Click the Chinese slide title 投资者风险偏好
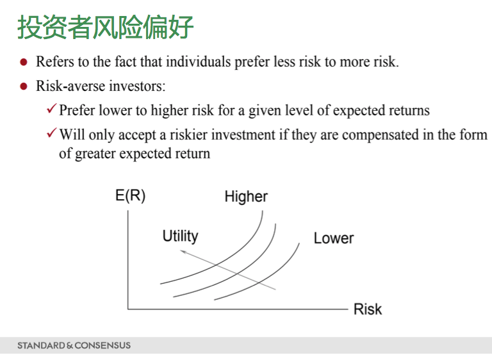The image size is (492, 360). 106,27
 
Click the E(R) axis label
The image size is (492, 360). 130,196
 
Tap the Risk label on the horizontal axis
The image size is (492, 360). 368,309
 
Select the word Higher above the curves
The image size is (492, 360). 246,197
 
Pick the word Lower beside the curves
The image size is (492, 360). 334,238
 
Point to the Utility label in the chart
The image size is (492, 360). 181,236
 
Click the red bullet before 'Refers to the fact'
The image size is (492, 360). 24,62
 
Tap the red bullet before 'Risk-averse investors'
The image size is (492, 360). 24,86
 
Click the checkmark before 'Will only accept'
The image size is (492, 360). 52,133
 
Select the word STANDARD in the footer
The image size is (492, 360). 41,345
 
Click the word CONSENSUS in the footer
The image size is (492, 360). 102,345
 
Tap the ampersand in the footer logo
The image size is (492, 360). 70,346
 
